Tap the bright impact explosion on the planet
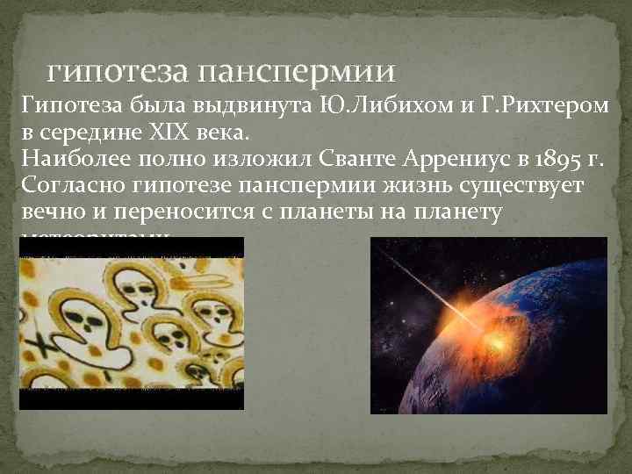490,334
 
